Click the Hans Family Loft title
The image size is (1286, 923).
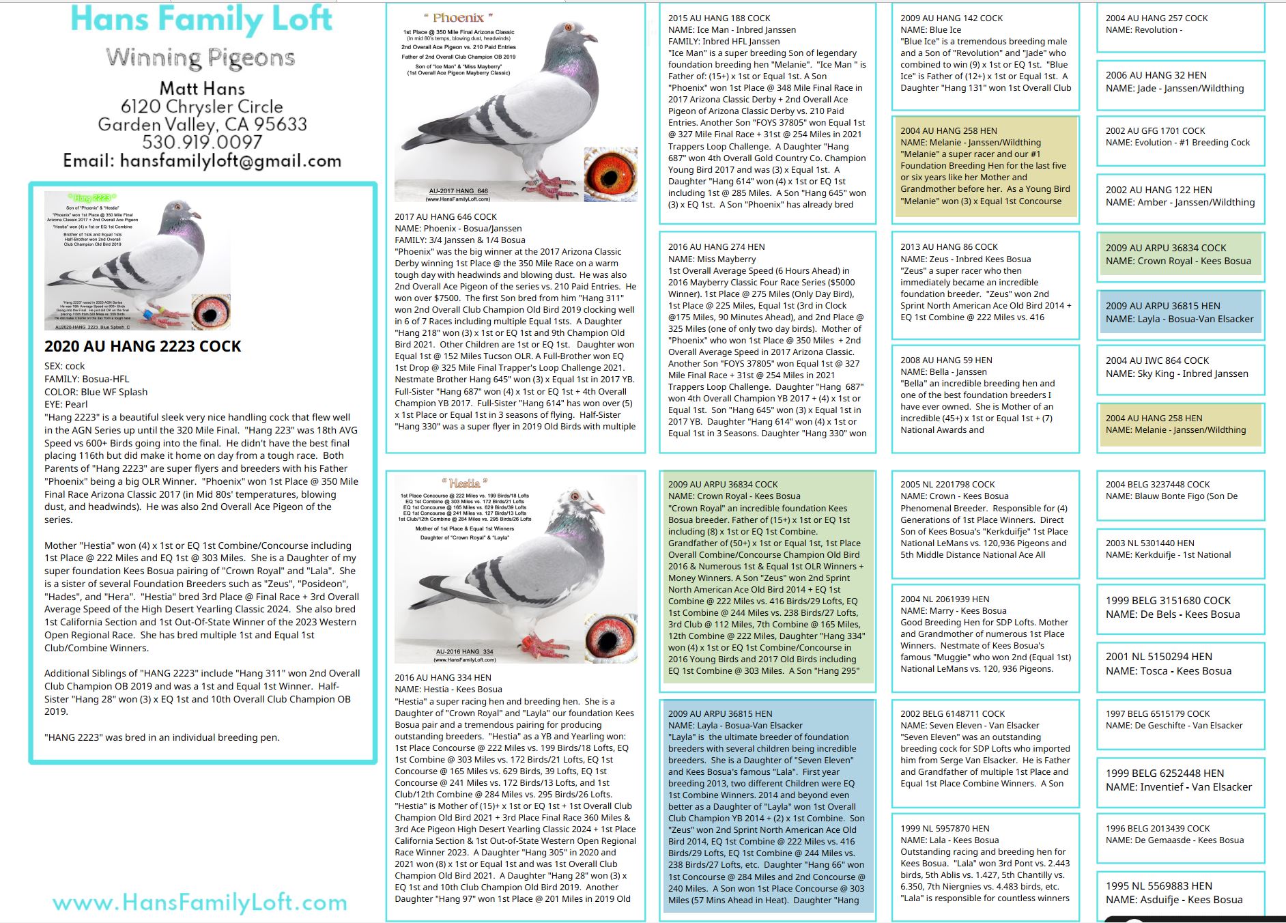pyautogui.click(x=201, y=19)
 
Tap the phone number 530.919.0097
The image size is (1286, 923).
pyautogui.click(x=202, y=142)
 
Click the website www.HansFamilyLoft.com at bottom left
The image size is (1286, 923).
pyautogui.click(x=200, y=903)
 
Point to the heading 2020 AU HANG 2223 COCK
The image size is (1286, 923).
pyautogui.click(x=143, y=346)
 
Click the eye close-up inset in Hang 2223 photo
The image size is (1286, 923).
pyautogui.click(x=211, y=311)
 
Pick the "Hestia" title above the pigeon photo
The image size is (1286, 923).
pyautogui.click(x=464, y=483)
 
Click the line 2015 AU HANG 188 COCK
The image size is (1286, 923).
pyautogui.click(x=719, y=18)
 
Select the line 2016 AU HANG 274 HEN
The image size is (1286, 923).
pyautogui.click(x=716, y=247)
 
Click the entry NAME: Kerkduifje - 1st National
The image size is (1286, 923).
pyautogui.click(x=1168, y=555)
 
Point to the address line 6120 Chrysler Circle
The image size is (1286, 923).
pyautogui.click(x=202, y=106)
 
